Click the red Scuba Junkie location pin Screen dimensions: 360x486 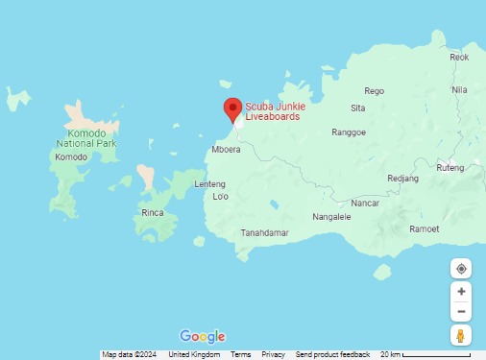pyautogui.click(x=231, y=109)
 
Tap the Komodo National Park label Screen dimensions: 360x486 pyautogui.click(x=85, y=138)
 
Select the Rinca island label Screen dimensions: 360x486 pyautogui.click(x=152, y=212)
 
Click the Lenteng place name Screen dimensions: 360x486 pyautogui.click(x=209, y=184)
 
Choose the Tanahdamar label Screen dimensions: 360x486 pyautogui.click(x=265, y=233)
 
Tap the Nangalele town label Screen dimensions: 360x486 pyautogui.click(x=332, y=217)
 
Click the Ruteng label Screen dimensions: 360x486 pyautogui.click(x=450, y=168)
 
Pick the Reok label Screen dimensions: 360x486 pyautogui.click(x=460, y=58)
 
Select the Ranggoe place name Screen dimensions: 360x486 pyautogui.click(x=349, y=132)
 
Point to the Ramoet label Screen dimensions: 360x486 pyautogui.click(x=424, y=229)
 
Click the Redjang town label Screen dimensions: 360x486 pyautogui.click(x=402, y=179)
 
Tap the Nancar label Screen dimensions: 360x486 pyautogui.click(x=365, y=204)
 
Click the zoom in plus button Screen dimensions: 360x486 pyautogui.click(x=461, y=292)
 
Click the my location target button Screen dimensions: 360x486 pyautogui.click(x=461, y=269)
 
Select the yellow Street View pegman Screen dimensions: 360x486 pyautogui.click(x=461, y=335)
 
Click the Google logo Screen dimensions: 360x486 pyautogui.click(x=203, y=336)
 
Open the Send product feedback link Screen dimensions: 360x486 pyautogui.click(x=332, y=355)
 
